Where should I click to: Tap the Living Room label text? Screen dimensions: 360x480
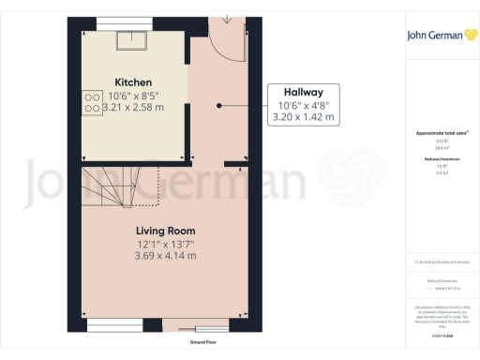[x=165, y=231]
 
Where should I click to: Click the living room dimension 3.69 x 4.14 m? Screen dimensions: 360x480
[x=165, y=255]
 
